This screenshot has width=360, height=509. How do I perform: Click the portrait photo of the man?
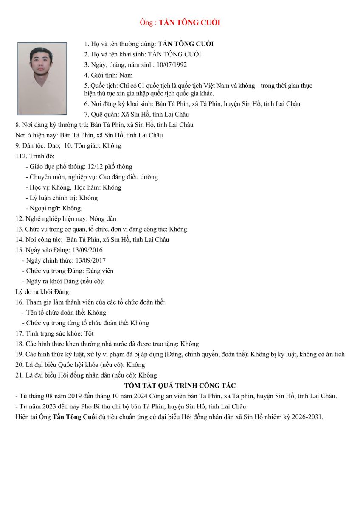click(x=42, y=78)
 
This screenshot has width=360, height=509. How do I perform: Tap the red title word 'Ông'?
click(x=146, y=22)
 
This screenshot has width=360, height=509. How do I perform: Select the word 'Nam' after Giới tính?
click(x=126, y=76)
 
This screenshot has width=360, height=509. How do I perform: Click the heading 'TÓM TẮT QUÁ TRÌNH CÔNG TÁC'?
click(x=180, y=386)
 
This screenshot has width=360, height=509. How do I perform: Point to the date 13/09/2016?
click(x=88, y=250)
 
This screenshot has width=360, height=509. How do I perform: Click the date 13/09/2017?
click(x=90, y=260)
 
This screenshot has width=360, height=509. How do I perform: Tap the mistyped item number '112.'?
click(x=21, y=156)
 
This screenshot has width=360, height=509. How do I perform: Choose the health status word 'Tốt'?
click(x=89, y=333)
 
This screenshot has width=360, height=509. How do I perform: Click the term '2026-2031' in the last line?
click(x=308, y=417)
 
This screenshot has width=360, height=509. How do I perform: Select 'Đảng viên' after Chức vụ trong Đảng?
click(x=100, y=271)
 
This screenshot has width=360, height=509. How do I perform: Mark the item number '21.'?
click(x=19, y=375)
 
